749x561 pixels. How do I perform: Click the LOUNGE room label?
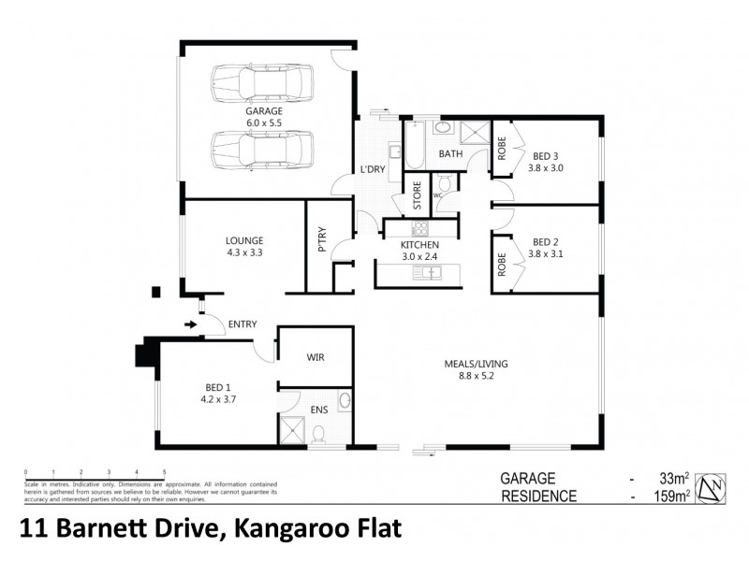coord(244,244)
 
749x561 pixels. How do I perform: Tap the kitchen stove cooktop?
coord(419,227)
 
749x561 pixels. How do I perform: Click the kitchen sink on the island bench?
coord(430,273)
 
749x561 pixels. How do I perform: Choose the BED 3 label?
coord(547,162)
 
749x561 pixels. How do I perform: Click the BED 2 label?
coord(546,244)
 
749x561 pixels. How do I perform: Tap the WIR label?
coord(316,356)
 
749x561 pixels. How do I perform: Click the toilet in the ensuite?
coord(319,433)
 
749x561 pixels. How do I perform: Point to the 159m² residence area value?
coord(672,496)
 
